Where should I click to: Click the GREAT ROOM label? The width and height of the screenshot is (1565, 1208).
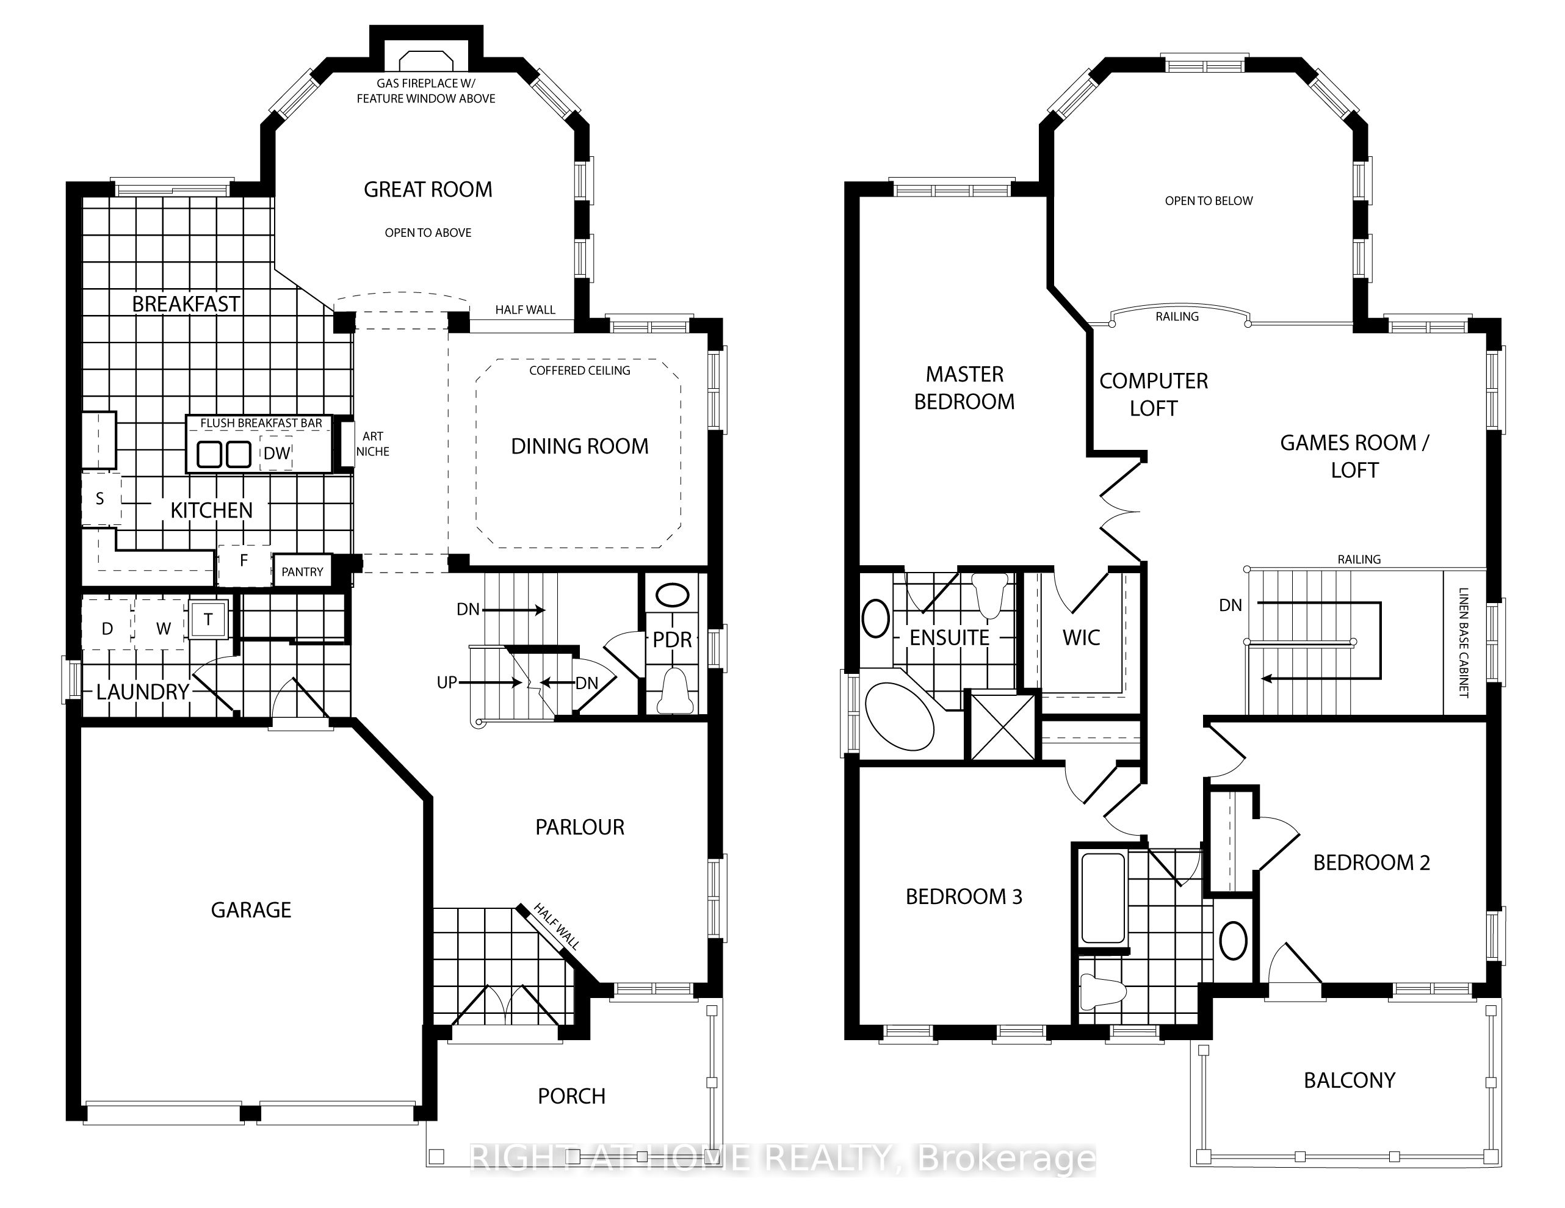coord(428,189)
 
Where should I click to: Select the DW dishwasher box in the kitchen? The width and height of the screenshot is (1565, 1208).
coord(276,453)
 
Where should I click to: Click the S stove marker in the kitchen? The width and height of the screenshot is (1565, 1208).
coord(100,499)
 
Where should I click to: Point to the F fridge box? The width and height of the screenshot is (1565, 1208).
coord(244,561)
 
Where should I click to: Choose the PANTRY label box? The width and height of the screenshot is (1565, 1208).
coord(302,572)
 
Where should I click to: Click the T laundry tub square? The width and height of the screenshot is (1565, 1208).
coord(209,618)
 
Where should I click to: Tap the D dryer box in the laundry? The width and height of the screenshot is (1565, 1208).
coord(107,628)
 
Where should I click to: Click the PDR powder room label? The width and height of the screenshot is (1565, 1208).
coord(672,639)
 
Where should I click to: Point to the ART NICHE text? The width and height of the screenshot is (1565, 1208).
coord(372,444)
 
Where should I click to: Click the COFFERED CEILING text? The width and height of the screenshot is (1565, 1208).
coord(580,371)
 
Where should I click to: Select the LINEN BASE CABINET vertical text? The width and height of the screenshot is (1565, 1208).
coord(1463,643)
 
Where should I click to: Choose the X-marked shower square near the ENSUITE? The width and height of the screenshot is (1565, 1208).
coord(1002,726)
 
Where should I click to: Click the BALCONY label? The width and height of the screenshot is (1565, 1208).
coord(1350,1080)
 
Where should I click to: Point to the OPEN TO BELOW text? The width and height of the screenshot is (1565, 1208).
coord(1209,201)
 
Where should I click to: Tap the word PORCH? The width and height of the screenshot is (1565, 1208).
coord(571,1096)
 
